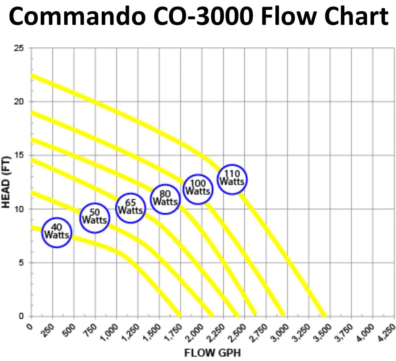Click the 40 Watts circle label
57,233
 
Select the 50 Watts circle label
95,218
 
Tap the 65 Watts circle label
130,208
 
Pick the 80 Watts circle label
165,199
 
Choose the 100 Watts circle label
198,189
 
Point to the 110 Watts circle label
232,179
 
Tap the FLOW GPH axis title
212,353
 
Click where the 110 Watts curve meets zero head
324,315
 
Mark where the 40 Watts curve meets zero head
179,315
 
